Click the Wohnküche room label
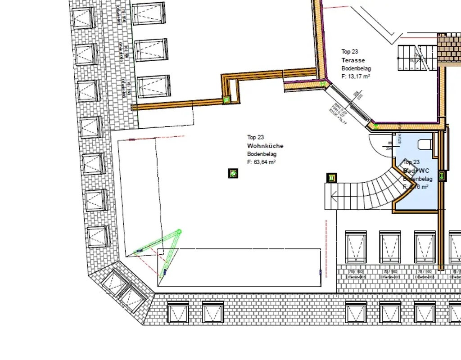265,146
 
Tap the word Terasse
353,60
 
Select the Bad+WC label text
416,171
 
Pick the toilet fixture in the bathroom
425,144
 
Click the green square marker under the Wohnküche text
233,173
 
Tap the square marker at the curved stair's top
332,178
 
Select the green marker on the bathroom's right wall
442,176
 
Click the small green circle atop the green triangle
179,232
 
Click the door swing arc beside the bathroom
380,143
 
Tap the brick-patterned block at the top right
449,49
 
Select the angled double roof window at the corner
122,288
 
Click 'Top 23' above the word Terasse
349,52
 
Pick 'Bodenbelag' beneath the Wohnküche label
259,154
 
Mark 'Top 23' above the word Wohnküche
255,137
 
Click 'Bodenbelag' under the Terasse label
356,68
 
